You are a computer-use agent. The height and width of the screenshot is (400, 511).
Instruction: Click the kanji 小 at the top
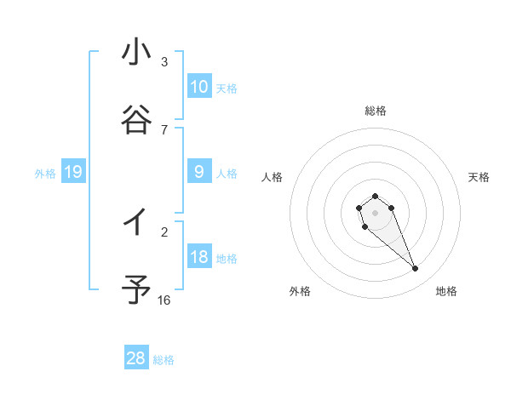[x=136, y=53]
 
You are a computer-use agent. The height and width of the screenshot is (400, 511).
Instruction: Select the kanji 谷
[x=136, y=121]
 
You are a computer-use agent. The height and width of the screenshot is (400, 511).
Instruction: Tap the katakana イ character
[x=136, y=223]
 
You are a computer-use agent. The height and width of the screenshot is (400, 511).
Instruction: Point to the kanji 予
[x=136, y=290]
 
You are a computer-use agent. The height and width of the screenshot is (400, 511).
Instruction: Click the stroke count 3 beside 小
[x=164, y=62]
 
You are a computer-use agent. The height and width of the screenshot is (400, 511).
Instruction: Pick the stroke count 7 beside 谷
[x=164, y=129]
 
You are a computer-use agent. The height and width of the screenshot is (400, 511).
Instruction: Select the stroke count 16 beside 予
[x=164, y=300]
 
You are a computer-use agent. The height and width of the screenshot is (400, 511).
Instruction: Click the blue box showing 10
[x=199, y=87]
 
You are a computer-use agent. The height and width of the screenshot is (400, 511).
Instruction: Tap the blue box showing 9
[x=199, y=172]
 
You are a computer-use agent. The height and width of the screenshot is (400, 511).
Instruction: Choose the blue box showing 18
[x=199, y=257]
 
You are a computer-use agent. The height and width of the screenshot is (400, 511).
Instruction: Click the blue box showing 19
[x=73, y=172]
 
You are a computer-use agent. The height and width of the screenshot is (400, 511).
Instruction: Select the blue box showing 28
[x=136, y=358]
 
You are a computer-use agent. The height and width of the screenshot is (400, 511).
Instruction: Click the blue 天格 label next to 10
[x=227, y=89]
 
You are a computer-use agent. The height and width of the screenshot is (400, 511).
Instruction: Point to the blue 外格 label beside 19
[x=45, y=174]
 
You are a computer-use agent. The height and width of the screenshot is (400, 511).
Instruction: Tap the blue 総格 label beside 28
[x=164, y=360]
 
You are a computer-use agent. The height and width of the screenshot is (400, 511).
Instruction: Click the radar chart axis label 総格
[x=376, y=111]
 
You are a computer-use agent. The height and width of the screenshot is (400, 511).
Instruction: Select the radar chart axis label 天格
[x=479, y=177]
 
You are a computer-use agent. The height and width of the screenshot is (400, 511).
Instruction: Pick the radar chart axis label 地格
[x=446, y=292]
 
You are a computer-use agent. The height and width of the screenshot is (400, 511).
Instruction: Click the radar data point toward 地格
[x=416, y=269]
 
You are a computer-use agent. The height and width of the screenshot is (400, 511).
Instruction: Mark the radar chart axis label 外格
[x=300, y=292]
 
